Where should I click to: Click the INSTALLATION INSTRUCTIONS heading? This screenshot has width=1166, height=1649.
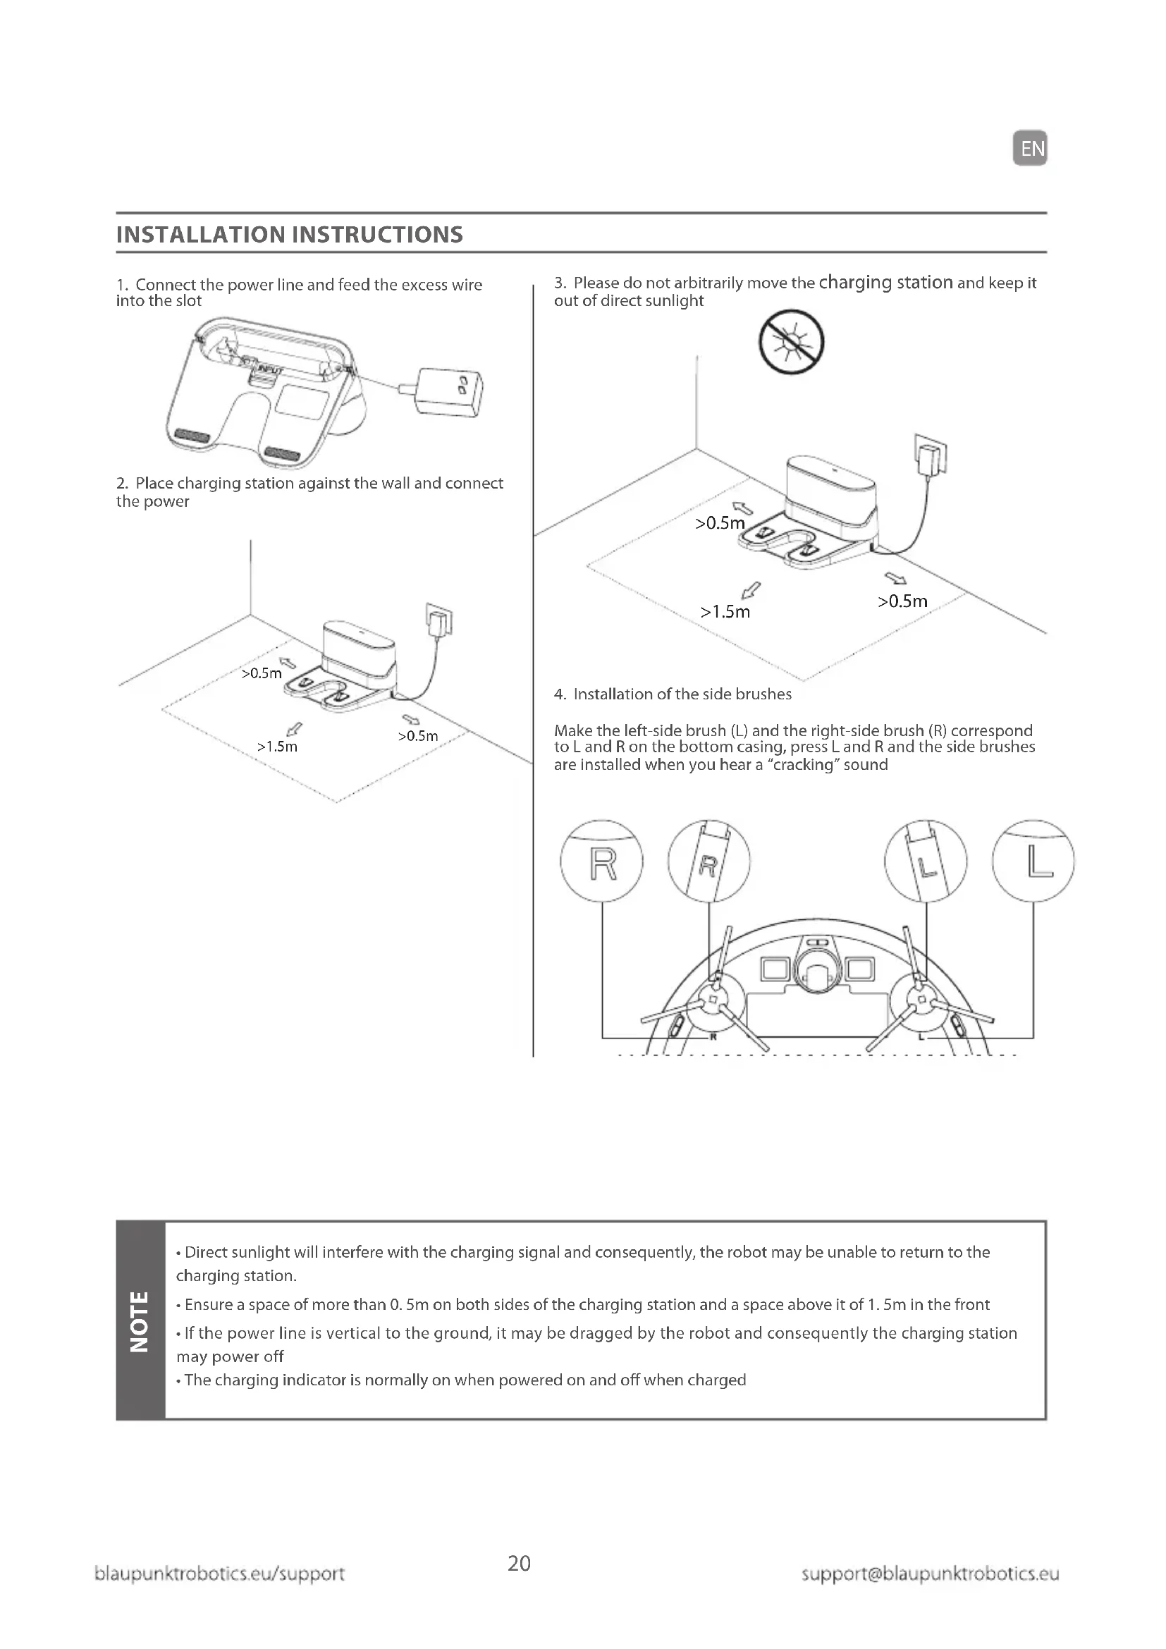point(289,235)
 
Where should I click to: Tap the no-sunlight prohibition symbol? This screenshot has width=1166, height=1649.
point(791,342)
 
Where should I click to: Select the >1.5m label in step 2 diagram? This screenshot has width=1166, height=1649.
point(277,747)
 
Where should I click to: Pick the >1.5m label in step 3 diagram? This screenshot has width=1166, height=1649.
point(725,612)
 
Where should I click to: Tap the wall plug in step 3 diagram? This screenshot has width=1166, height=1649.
point(931,455)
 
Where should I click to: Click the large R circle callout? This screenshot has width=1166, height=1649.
point(601,861)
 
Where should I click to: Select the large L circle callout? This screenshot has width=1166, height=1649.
point(1033,861)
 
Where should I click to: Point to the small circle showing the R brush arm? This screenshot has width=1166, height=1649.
point(708,861)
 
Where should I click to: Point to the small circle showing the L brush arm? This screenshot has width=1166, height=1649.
point(926,861)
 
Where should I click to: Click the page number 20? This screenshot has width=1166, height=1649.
point(519,1564)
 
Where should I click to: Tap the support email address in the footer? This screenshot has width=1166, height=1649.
point(930,1574)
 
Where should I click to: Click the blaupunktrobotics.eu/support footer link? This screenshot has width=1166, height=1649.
point(220,1574)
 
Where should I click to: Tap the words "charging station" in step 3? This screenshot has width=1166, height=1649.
point(885,282)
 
